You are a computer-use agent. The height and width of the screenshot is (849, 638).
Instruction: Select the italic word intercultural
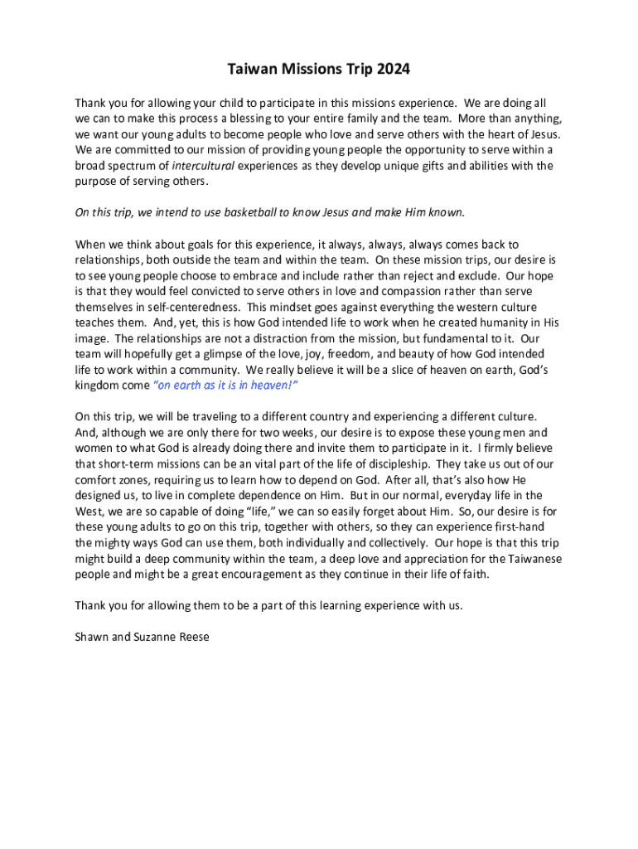[204, 166]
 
